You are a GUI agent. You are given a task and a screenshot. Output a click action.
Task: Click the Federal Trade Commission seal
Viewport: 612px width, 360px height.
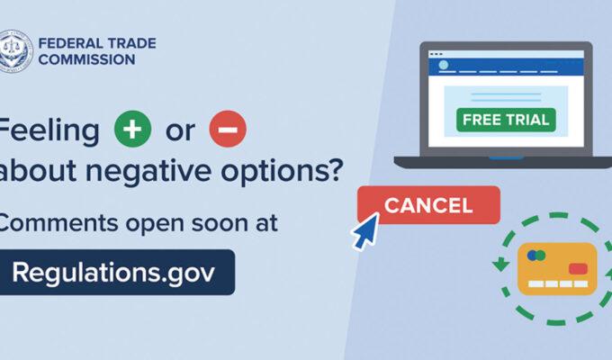click(x=15, y=51)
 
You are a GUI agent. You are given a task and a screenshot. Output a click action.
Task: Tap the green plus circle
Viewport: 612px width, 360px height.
click(x=132, y=129)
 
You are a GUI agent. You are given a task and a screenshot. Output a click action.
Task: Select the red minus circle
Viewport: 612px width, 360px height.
click(x=228, y=129)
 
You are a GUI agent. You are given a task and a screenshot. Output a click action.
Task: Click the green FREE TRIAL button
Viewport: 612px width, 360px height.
click(x=506, y=120)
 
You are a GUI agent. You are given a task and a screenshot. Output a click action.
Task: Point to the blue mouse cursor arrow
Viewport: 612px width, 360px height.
click(x=365, y=230)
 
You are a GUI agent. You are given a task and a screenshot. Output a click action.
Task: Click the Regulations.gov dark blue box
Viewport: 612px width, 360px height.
click(x=116, y=272)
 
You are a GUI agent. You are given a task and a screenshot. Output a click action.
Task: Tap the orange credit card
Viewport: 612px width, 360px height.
click(x=557, y=269)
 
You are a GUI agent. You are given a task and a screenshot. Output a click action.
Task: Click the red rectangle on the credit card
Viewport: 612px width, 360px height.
click(x=578, y=268)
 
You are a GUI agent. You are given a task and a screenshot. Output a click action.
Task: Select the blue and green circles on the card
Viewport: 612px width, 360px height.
click(x=536, y=256)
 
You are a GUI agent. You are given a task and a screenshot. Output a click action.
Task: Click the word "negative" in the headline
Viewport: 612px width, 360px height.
click(x=148, y=171)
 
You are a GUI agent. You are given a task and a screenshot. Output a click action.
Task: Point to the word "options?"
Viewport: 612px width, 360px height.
click(x=283, y=171)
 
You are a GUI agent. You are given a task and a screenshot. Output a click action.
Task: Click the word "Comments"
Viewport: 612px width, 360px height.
click(x=58, y=223)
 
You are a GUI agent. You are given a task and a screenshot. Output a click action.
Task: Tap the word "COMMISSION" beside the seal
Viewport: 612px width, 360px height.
click(x=86, y=59)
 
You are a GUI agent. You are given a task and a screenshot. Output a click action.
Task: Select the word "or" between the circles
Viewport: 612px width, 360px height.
click(x=180, y=130)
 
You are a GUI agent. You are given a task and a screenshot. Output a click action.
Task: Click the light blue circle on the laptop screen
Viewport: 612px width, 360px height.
click(x=444, y=65)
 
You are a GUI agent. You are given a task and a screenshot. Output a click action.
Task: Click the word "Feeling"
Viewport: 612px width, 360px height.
click(x=49, y=130)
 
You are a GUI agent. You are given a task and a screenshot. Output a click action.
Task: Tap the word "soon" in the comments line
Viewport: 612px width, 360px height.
click(x=214, y=223)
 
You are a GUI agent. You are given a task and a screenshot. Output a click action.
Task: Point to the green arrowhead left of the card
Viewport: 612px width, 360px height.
click(x=500, y=264)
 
